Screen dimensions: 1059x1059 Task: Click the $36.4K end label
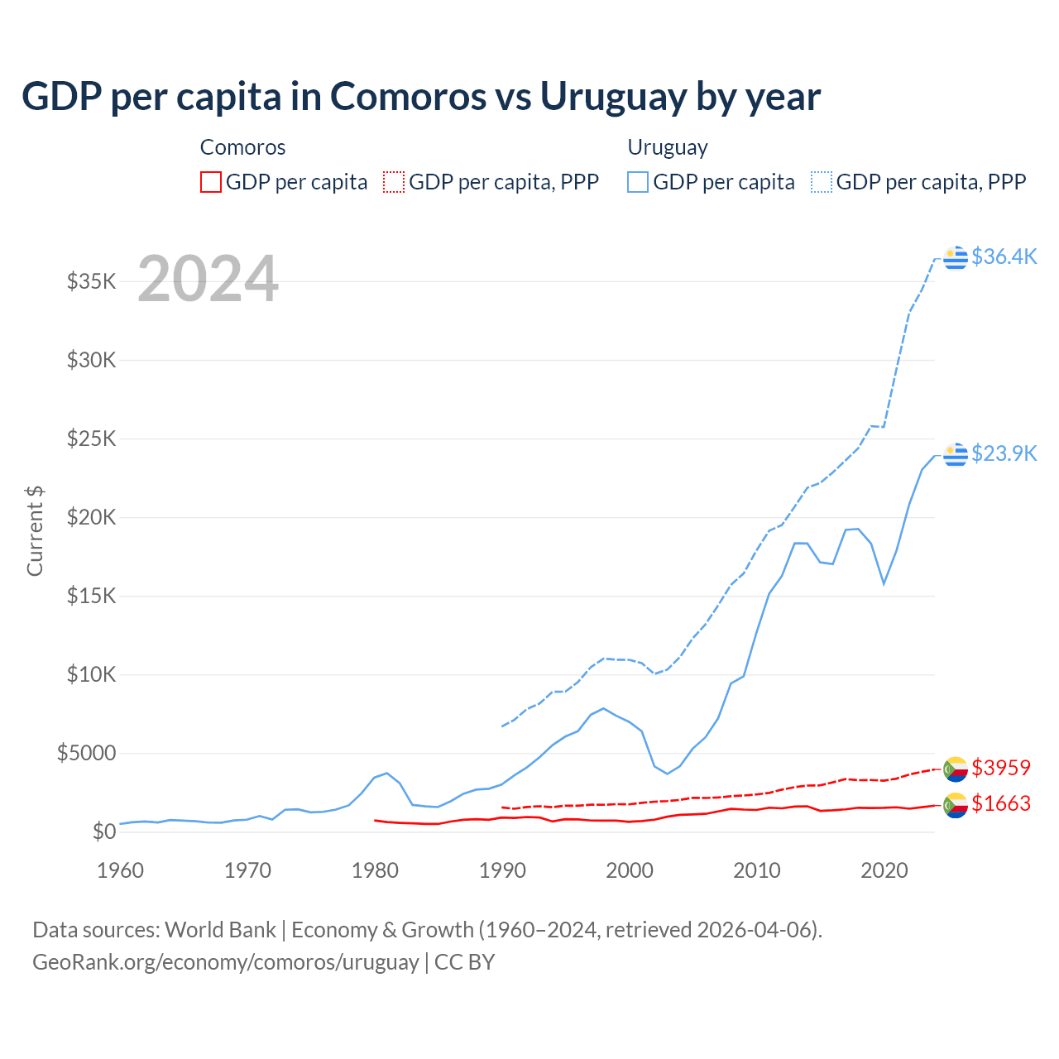[1004, 256]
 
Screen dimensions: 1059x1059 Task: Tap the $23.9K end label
[1004, 453]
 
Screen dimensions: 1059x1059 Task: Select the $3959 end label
[1000, 768]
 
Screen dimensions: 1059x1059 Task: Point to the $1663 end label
[1000, 803]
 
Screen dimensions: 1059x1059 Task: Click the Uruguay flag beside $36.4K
[956, 257]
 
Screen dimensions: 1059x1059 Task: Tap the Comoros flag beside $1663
[956, 804]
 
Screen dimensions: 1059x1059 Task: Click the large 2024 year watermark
[208, 279]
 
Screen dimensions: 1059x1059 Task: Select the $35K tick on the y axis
[92, 281]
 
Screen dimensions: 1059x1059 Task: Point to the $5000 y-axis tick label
[87, 753]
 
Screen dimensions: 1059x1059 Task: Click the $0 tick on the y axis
[103, 831]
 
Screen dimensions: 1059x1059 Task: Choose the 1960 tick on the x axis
[121, 870]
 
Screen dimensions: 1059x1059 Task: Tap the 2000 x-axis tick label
[630, 870]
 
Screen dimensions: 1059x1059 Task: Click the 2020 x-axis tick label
[884, 870]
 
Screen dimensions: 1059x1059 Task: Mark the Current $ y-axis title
[35, 531]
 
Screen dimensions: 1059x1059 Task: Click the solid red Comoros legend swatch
[211, 182]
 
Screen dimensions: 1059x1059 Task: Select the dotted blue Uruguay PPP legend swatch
[822, 182]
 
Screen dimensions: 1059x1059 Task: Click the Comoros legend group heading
[242, 147]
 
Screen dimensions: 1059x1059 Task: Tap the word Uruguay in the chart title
[612, 96]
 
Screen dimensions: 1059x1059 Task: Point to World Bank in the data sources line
[220, 930]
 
